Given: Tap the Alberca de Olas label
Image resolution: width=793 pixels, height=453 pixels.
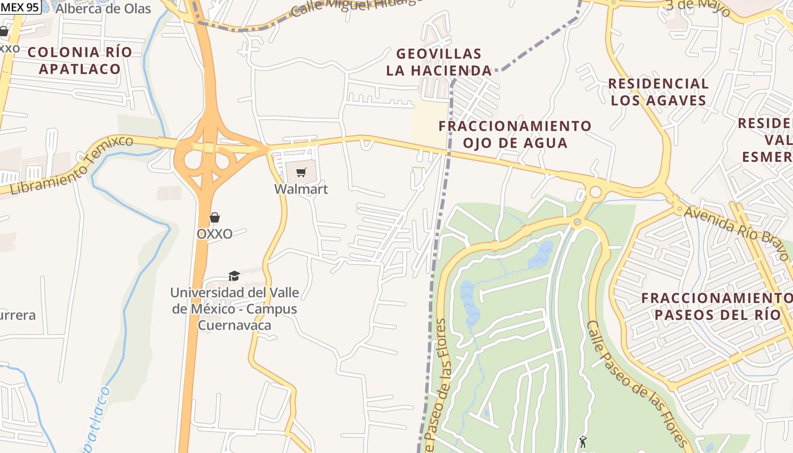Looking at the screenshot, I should point(103,8).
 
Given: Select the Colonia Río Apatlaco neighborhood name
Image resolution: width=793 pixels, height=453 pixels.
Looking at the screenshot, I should point(80,61).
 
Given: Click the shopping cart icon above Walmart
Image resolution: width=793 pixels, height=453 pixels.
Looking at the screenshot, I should point(301,172).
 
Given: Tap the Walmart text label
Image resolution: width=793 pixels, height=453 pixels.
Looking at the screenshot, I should point(301,189).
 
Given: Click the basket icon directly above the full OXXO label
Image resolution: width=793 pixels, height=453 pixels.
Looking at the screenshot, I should point(215,217).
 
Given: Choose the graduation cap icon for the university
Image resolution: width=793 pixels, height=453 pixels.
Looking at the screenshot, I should point(234,276).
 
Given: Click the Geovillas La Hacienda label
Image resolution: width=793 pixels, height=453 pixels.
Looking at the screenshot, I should point(439,62).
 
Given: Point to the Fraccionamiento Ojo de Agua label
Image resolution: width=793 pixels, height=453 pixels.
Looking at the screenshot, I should point(515,134).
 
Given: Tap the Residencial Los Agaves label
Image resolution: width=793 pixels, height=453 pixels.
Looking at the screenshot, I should point(658,92).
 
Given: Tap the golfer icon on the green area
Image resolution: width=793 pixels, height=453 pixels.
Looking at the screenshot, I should point(583,441).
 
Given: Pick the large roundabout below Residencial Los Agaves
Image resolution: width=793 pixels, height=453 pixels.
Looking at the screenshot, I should point(595,192).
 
